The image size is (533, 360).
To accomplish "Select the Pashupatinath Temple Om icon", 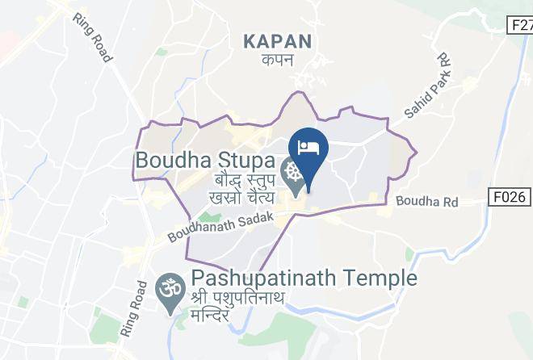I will point(169,288).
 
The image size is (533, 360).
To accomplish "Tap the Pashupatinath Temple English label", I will point(304,279).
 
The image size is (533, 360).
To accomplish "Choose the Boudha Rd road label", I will point(426,202).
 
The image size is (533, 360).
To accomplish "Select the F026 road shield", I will point(510,195).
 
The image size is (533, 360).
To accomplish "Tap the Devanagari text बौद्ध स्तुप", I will point(244,179).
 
